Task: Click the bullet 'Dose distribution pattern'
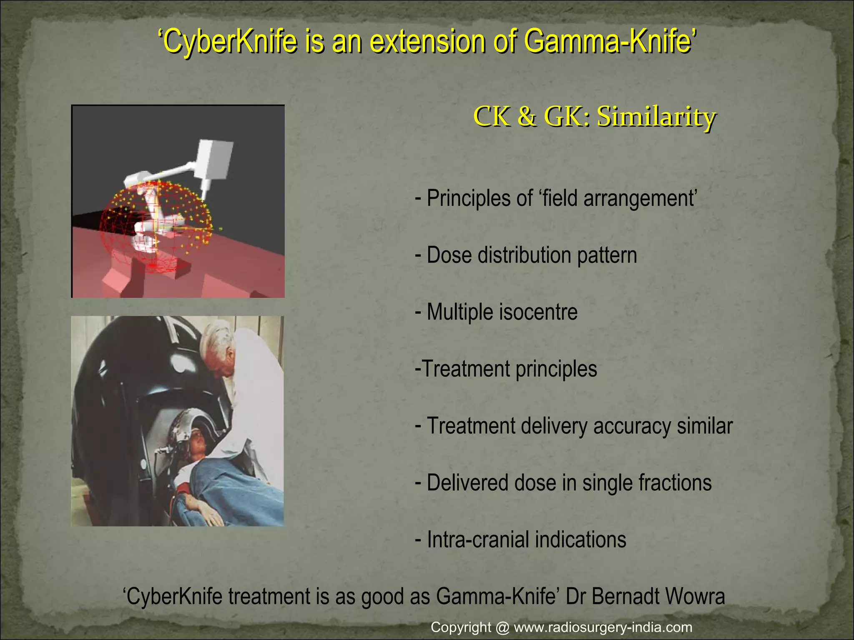[x=526, y=255]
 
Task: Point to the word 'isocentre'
[x=538, y=312]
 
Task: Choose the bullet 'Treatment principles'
[x=506, y=369]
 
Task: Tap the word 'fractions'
[x=676, y=482]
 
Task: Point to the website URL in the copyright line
[x=603, y=627]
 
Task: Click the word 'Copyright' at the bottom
[x=461, y=627]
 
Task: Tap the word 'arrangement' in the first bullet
[x=640, y=198]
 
